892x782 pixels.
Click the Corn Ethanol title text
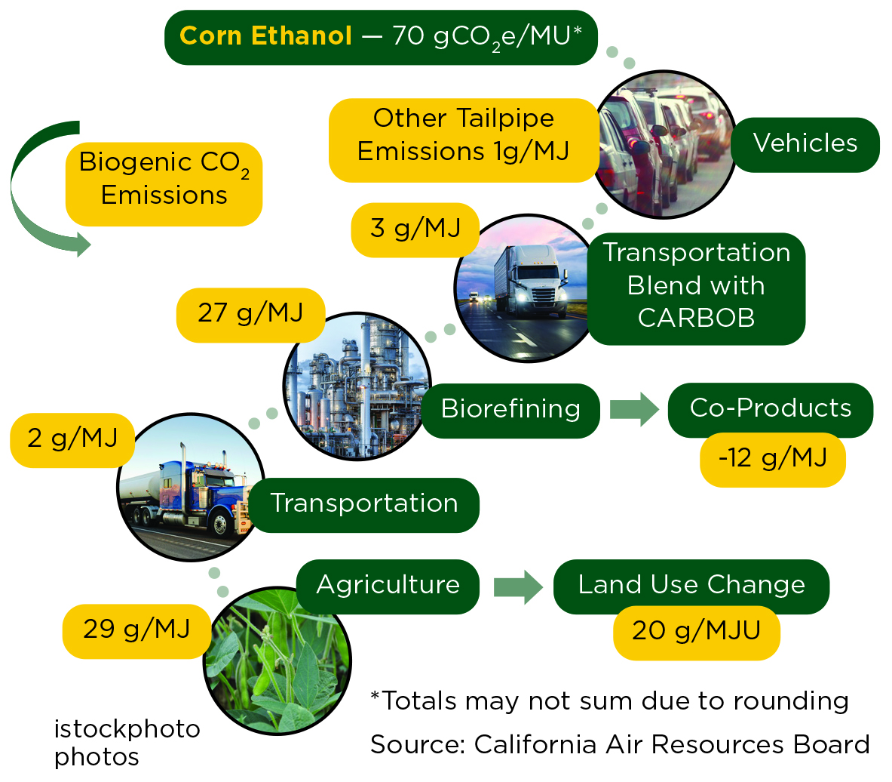click(265, 36)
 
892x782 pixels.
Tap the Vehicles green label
click(805, 143)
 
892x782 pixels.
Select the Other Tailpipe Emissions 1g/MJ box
click(463, 136)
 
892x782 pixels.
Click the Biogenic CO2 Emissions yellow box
click(164, 179)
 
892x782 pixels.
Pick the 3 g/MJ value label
click(415, 229)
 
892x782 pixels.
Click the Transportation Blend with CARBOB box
click(696, 286)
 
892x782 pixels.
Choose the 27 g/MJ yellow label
click(250, 313)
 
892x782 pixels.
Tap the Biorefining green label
click(510, 409)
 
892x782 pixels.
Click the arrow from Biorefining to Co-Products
click(633, 409)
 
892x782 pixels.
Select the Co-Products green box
click(770, 408)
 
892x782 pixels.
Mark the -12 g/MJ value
click(772, 458)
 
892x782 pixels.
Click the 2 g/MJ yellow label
click(72, 439)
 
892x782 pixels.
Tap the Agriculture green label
click(388, 585)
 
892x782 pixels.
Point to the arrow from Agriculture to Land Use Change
click(518, 586)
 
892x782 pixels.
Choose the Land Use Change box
click(691, 585)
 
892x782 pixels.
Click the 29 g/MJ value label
click(136, 630)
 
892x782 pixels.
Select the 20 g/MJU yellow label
click(695, 631)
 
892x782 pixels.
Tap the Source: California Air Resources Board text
click(619, 745)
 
